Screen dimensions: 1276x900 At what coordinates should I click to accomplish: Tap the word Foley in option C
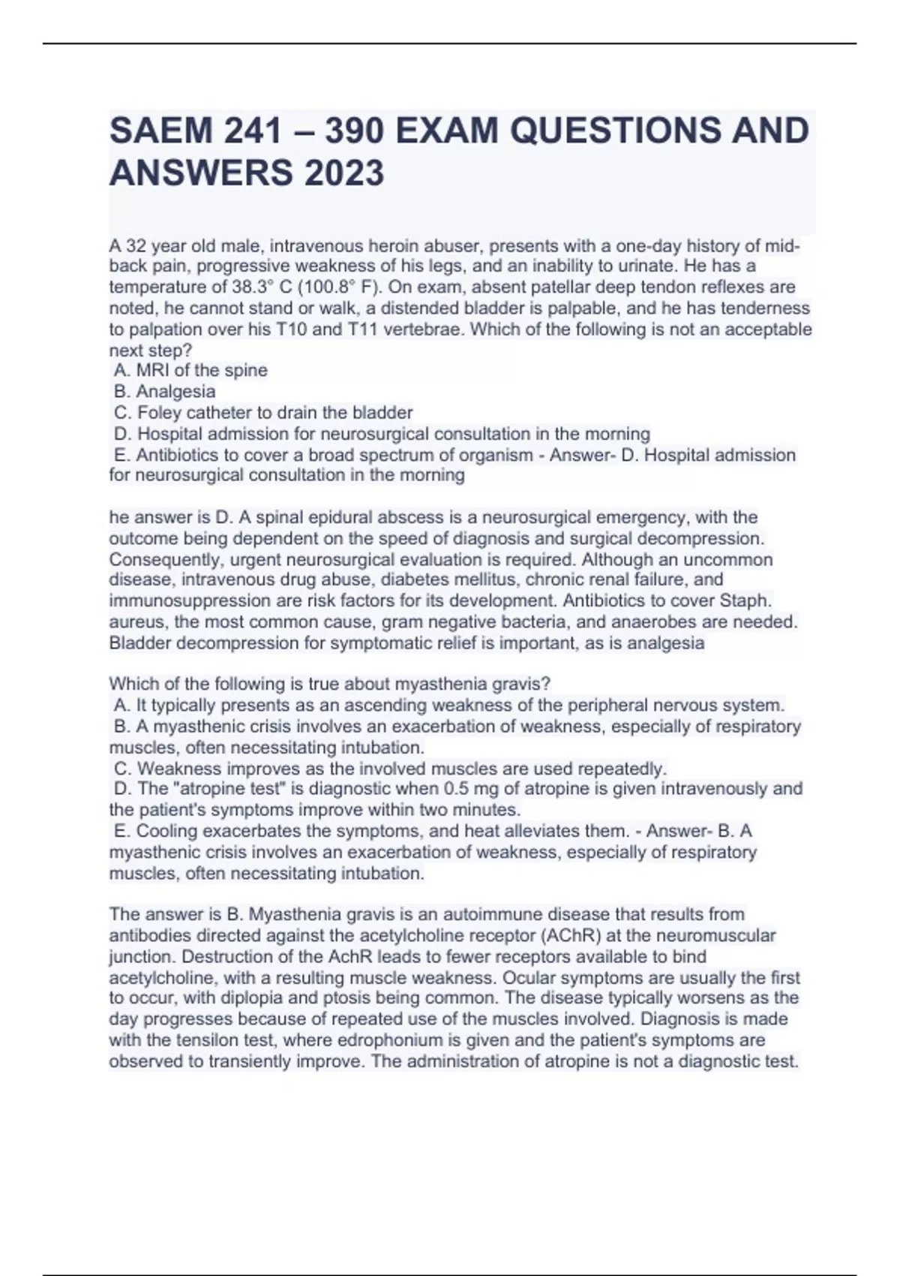[x=159, y=412]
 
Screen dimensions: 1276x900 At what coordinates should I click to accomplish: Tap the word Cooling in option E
[x=167, y=831]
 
